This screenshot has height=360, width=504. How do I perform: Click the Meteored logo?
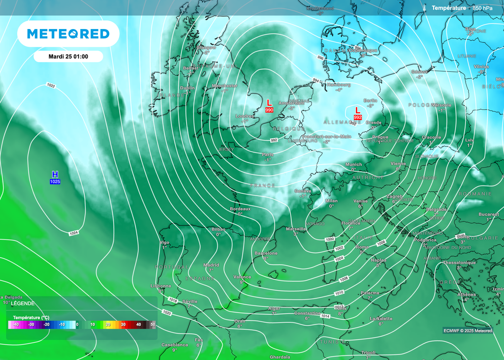click(68, 33)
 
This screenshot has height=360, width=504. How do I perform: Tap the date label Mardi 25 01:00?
click(68, 57)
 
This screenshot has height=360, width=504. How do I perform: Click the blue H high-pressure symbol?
click(55, 175)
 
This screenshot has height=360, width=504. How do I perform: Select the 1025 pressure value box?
click(55, 182)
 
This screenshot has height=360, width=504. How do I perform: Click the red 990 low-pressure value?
click(269, 110)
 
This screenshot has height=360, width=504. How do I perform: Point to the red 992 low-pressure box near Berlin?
click(358, 118)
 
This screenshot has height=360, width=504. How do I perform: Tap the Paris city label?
click(268, 154)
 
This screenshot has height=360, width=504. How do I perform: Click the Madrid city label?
click(211, 265)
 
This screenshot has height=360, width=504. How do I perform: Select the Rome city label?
click(362, 247)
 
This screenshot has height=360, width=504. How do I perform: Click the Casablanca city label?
click(175, 345)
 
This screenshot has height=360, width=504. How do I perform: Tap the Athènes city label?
click(466, 295)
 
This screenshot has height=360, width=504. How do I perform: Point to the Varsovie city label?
click(441, 105)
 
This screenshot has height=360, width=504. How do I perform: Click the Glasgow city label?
click(206, 48)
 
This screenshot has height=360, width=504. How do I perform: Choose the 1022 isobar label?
click(51, 86)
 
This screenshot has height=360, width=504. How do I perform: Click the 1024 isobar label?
click(73, 233)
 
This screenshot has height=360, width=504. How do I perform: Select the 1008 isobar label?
click(344, 278)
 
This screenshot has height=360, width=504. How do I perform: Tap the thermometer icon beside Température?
click(423, 8)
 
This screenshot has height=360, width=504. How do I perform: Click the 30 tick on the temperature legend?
click(124, 325)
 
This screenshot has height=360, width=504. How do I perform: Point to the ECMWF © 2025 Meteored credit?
click(467, 330)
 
